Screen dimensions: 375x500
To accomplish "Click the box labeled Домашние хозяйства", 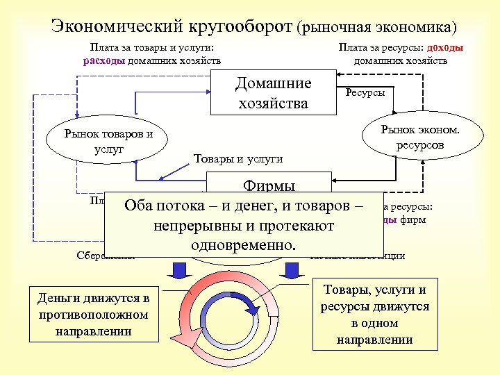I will (x=273, y=94).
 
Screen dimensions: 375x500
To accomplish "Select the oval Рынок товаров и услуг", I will (x=108, y=142).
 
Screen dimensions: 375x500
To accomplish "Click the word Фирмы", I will (x=269, y=186).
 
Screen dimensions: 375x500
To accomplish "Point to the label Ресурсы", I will (x=365, y=92).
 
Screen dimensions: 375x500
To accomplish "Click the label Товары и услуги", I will (x=237, y=158).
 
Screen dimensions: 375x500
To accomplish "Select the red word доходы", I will (x=446, y=48).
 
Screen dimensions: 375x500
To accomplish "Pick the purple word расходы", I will (x=104, y=60).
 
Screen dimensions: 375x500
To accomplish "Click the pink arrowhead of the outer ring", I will (x=182, y=340).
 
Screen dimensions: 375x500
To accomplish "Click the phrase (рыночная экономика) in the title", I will (x=376, y=28).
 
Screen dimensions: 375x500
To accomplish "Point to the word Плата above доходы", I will (x=354, y=48).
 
